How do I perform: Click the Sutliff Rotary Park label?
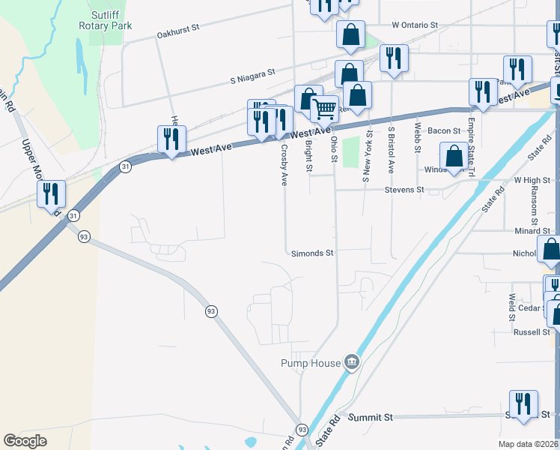coord(106,20)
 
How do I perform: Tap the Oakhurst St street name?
coord(178,30)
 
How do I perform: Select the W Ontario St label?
coord(414,25)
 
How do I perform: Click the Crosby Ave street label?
coord(284,164)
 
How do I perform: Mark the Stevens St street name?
coord(404,190)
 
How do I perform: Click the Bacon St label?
coord(444,130)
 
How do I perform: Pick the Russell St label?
coord(532,331)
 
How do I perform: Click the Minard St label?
coord(532,231)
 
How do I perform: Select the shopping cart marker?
coord(324,109)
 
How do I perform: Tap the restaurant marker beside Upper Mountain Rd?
coord(51,194)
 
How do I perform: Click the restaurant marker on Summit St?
coord(523,404)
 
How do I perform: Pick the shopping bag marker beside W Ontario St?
coord(350,34)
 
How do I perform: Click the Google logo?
coord(25,441)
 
